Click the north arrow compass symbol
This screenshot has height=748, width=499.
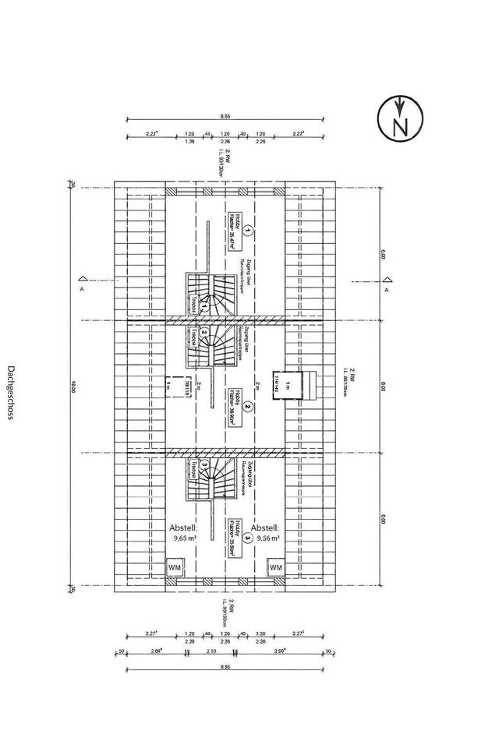400,121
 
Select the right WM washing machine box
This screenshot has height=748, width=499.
275,568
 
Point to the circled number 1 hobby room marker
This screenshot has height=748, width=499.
247,231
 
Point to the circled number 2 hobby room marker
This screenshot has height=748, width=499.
247,406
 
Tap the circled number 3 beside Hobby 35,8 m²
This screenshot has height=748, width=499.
247,537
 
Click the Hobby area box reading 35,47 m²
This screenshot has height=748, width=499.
232,231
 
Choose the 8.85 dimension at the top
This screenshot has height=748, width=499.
225,115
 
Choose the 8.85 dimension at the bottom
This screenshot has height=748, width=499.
225,668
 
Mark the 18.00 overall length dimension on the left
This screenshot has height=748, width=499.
72,385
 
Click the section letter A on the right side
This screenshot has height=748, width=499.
386,290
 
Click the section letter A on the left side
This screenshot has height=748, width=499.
82,290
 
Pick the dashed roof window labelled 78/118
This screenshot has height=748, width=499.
178,386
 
